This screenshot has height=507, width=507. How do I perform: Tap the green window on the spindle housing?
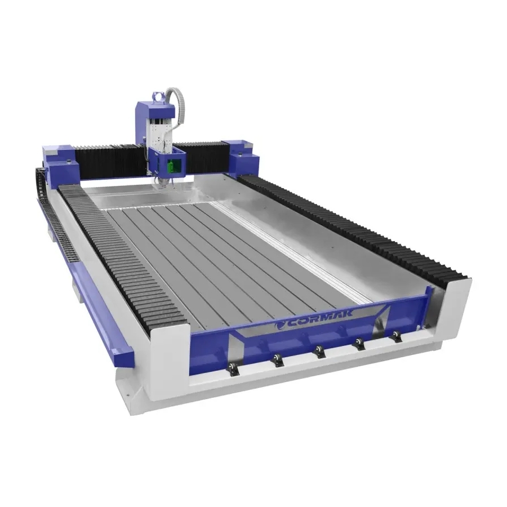pos(172,166)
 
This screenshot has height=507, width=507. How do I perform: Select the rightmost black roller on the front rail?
pos(396,336)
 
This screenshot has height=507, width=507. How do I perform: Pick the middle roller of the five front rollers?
pos(320,352)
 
